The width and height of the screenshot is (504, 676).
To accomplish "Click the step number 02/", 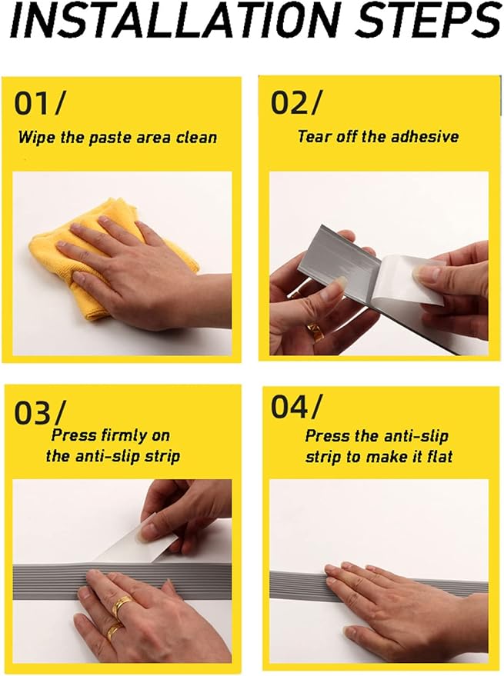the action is pyautogui.click(x=296, y=102).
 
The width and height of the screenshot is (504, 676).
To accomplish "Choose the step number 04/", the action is pyautogui.click(x=296, y=406).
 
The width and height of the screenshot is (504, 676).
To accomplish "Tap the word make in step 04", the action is pyautogui.click(x=389, y=457).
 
